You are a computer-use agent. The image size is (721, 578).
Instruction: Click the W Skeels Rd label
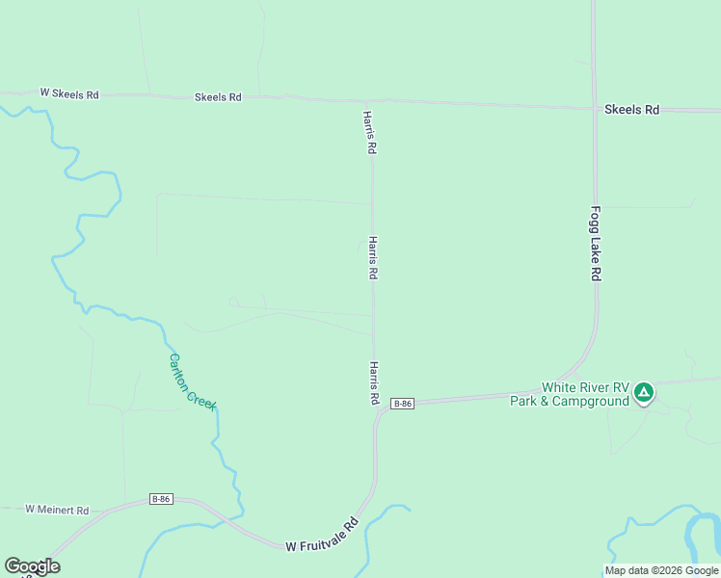tap(69, 94)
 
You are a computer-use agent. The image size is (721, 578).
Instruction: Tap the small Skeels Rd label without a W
tap(218, 97)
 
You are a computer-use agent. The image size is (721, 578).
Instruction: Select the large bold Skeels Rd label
tap(631, 110)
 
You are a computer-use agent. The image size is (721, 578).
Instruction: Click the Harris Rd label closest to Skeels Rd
tap(368, 133)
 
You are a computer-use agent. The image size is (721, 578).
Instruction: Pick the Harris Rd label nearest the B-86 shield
tap(373, 383)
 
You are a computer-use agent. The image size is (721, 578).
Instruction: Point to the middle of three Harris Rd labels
tap(372, 258)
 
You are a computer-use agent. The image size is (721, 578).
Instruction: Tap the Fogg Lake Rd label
tap(596, 244)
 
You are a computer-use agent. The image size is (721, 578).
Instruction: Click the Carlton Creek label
tap(193, 381)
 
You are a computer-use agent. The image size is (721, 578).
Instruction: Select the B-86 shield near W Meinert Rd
tap(161, 499)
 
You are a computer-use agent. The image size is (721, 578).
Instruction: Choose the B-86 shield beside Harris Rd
tap(403, 404)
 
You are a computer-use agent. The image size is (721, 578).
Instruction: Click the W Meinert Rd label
tap(57, 510)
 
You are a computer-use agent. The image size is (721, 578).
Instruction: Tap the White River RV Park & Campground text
tap(570, 394)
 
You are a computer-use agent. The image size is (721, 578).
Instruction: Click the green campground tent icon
tap(644, 392)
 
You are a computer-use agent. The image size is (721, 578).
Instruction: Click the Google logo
tap(32, 566)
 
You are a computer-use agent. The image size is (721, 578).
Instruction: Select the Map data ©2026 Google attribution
tap(661, 570)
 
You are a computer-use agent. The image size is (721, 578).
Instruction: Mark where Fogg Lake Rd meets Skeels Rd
tap(594, 108)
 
